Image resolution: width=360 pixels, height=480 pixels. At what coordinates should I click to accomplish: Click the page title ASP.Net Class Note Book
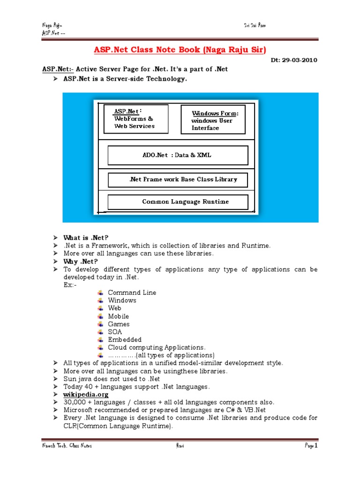pyautogui.click(x=180, y=50)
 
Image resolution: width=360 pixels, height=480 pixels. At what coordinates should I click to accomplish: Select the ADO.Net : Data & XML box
pyautogui.click(x=178, y=155)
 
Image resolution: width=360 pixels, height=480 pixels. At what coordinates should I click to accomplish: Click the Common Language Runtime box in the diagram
pyautogui.click(x=178, y=202)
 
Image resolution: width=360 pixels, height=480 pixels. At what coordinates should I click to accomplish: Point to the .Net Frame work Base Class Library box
pyautogui.click(x=178, y=180)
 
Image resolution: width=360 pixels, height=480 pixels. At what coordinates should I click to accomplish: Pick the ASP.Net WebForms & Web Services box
pyautogui.click(x=135, y=119)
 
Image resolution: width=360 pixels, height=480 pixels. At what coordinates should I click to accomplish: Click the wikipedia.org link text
pyautogui.click(x=86, y=395)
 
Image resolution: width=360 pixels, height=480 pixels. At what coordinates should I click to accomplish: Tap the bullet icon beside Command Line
pyautogui.click(x=100, y=292)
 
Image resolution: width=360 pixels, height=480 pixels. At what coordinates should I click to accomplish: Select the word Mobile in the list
pyautogui.click(x=118, y=316)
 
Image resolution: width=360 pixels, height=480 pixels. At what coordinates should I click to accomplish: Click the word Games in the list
pyautogui.click(x=119, y=324)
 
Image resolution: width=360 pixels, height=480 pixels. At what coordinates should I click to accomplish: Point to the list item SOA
pyautogui.click(x=115, y=332)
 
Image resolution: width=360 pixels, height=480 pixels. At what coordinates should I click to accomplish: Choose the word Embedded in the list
pyautogui.click(x=125, y=339)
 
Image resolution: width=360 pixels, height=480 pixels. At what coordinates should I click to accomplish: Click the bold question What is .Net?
pyautogui.click(x=82, y=238)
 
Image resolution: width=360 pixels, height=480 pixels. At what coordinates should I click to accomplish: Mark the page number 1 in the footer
pyautogui.click(x=316, y=446)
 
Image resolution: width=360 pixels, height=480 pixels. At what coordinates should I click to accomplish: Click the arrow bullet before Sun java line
pyautogui.click(x=55, y=379)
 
